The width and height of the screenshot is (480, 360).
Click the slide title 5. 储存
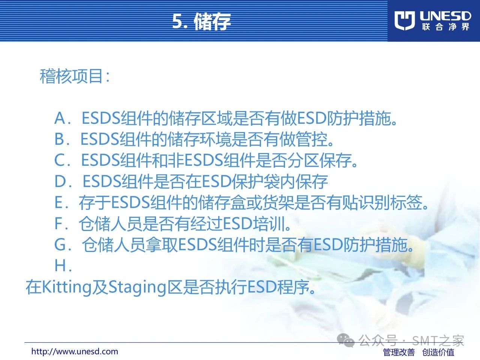pyautogui.click(x=201, y=21)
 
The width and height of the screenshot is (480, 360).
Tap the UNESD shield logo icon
pyautogui.click(x=405, y=21)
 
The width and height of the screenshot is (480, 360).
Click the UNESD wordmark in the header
pyautogui.click(x=445, y=16)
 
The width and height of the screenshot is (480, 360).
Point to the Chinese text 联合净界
pyautogui.click(x=445, y=27)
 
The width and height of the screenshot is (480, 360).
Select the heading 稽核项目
pyautogui.click(x=75, y=76)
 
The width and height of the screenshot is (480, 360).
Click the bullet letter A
pyautogui.click(x=60, y=118)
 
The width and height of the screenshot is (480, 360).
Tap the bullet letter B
pyautogui.click(x=59, y=139)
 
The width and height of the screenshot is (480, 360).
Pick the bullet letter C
pyautogui.click(x=60, y=160)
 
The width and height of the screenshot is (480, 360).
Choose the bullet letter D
pyautogui.click(x=60, y=181)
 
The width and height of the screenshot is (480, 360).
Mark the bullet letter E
pyautogui.click(x=58, y=202)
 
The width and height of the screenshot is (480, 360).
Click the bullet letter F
pyautogui.click(x=58, y=223)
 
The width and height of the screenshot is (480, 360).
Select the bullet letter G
pyautogui.click(x=60, y=244)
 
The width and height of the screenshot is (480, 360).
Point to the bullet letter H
pyautogui.click(x=60, y=265)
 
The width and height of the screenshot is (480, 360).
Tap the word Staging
pyautogui.click(x=137, y=287)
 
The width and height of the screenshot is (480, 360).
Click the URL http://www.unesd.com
pyautogui.click(x=75, y=352)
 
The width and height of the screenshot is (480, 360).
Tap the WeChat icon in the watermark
pyautogui.click(x=346, y=340)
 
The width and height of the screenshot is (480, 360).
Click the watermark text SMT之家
pyautogui.click(x=438, y=340)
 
